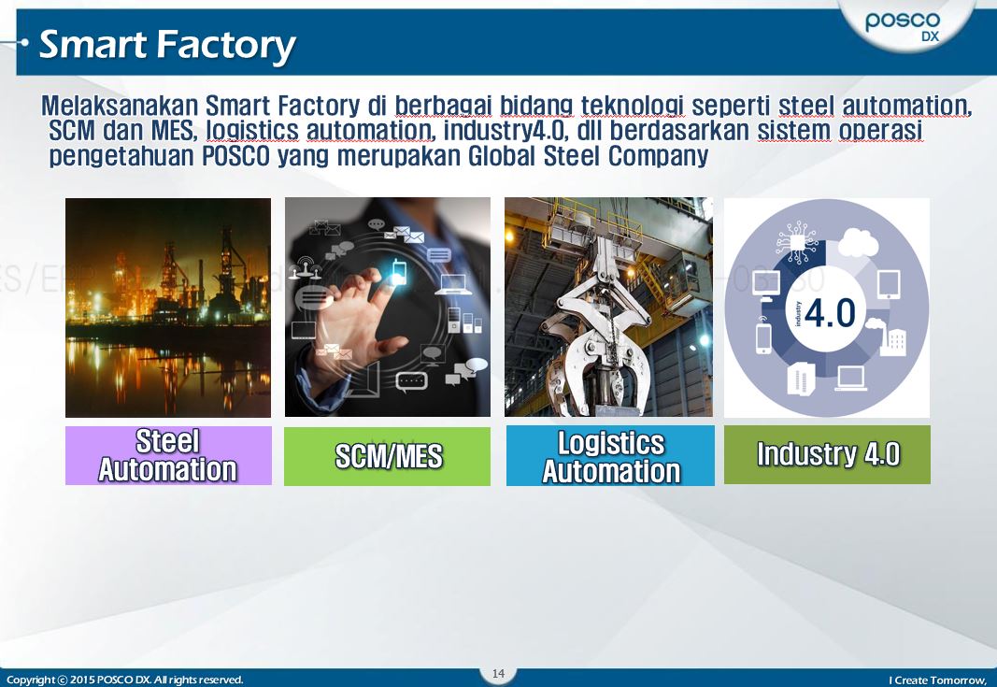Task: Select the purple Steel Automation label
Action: coord(168,455)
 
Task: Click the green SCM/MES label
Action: coord(387,456)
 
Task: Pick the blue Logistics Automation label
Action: coord(610,456)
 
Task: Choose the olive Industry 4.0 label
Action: coord(827,454)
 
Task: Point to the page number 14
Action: coord(498,674)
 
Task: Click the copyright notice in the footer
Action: coord(124,680)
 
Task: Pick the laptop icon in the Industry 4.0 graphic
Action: coord(851,378)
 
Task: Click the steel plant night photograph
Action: coord(168,308)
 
